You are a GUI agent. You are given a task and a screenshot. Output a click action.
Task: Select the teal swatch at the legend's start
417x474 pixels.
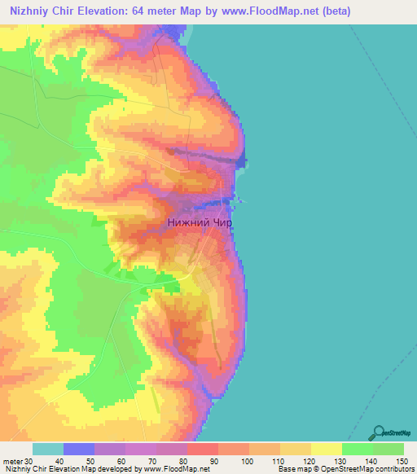(x=47, y=449)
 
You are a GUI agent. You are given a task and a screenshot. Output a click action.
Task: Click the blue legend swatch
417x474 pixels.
(x=78, y=449)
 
